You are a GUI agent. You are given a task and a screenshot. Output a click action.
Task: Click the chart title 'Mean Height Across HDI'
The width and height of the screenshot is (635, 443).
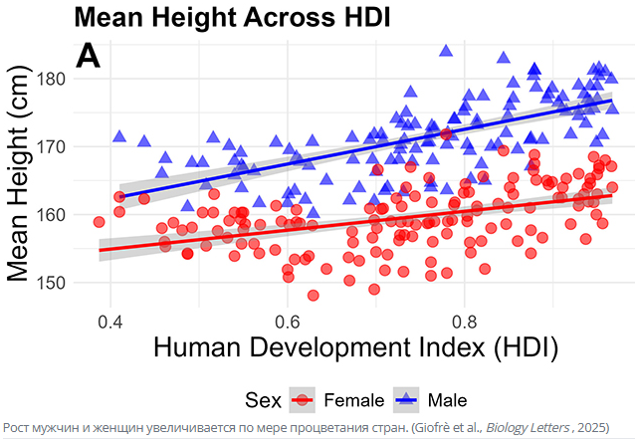(x=231, y=17)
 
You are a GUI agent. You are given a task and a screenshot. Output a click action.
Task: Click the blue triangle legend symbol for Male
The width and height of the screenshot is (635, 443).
(x=408, y=400)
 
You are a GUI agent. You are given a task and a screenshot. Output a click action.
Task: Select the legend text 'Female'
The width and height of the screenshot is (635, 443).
(x=354, y=400)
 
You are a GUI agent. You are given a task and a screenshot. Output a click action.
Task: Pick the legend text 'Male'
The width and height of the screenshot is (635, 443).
(x=447, y=400)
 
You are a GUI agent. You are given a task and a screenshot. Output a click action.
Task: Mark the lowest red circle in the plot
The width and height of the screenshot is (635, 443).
(x=314, y=296)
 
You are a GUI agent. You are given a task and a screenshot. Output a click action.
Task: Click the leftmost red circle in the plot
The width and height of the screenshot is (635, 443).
(x=99, y=222)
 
